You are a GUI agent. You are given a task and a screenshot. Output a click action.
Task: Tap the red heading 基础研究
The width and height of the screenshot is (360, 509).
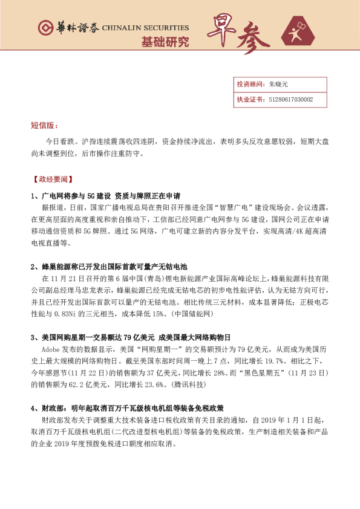tap(165, 42)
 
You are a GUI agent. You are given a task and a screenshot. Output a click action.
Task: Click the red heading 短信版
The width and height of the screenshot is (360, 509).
tap(44, 125)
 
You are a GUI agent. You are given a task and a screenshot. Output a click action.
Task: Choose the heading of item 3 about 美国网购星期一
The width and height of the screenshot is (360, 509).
tap(131, 337)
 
